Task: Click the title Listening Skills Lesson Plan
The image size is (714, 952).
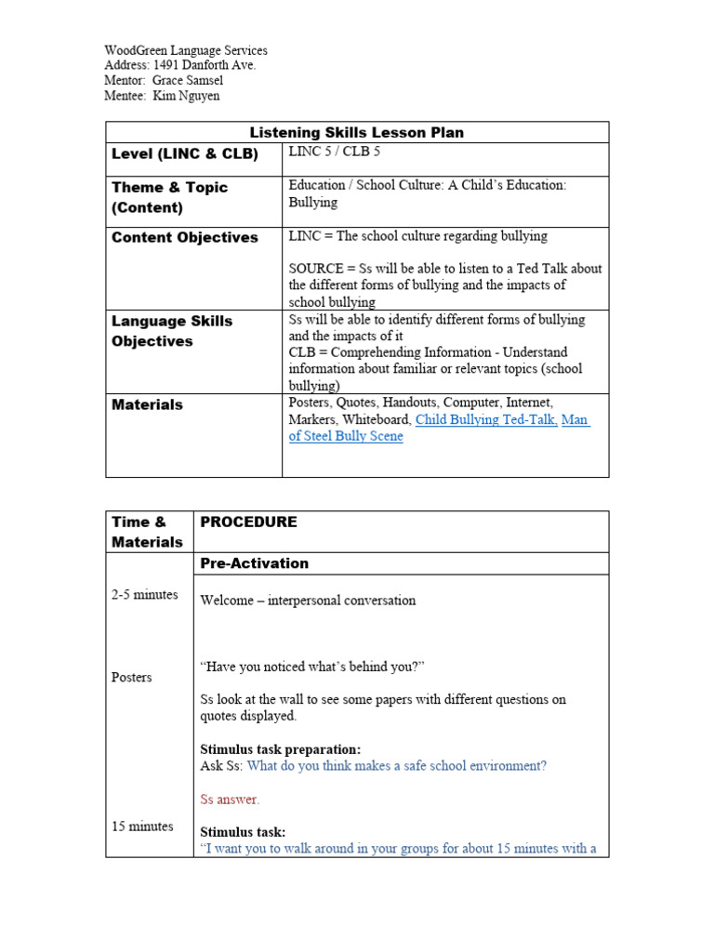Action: click(x=357, y=132)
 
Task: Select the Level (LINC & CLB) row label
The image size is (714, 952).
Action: click(x=185, y=154)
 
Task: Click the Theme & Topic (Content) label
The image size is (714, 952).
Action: click(x=169, y=197)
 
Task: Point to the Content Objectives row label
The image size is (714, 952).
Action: click(x=185, y=237)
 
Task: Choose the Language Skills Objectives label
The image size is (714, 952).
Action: click(x=172, y=331)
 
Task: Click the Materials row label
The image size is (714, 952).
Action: click(x=147, y=404)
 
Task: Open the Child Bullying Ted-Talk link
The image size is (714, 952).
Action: click(x=486, y=419)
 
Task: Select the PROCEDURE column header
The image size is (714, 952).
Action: click(x=249, y=522)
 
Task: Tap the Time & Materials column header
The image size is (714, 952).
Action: click(x=147, y=532)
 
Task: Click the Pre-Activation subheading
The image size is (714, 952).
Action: click(x=255, y=563)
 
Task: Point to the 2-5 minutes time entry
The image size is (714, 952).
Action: click(x=144, y=594)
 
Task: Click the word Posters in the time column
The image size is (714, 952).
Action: click(x=131, y=677)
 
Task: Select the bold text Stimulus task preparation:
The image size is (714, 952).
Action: click(x=281, y=748)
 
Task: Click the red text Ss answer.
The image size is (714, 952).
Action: click(x=231, y=799)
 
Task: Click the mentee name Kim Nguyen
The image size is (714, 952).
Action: click(x=186, y=96)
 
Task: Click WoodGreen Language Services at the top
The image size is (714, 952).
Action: click(x=186, y=50)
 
